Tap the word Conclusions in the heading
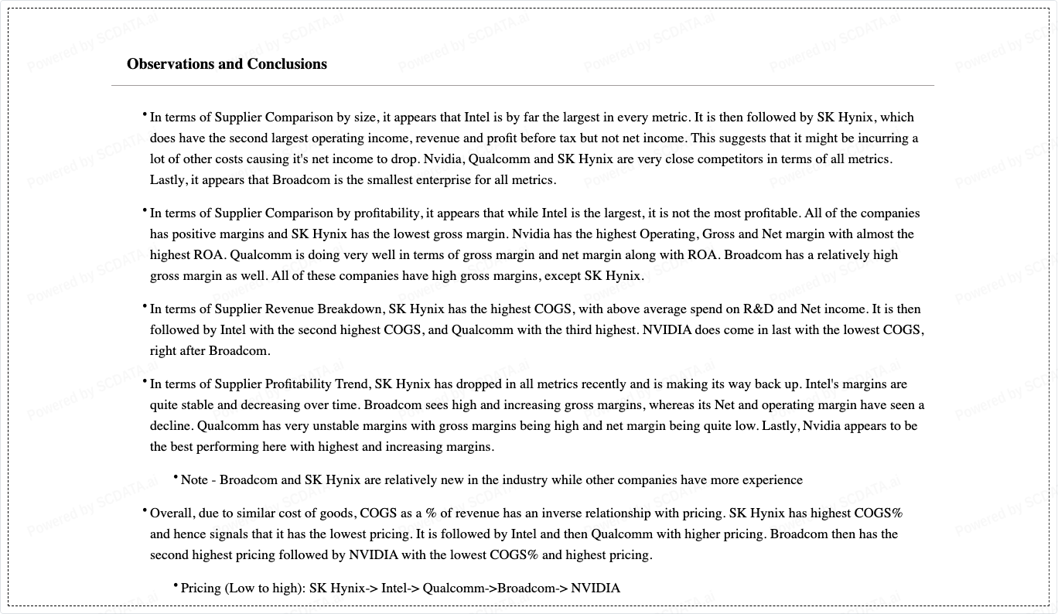tap(287, 64)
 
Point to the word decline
tap(172, 426)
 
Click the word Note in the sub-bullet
tap(194, 480)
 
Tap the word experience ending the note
tap(772, 480)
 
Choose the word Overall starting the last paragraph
tap(172, 513)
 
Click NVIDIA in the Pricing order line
tap(596, 588)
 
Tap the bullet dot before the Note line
tap(176, 477)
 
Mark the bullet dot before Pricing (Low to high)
tap(176, 585)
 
